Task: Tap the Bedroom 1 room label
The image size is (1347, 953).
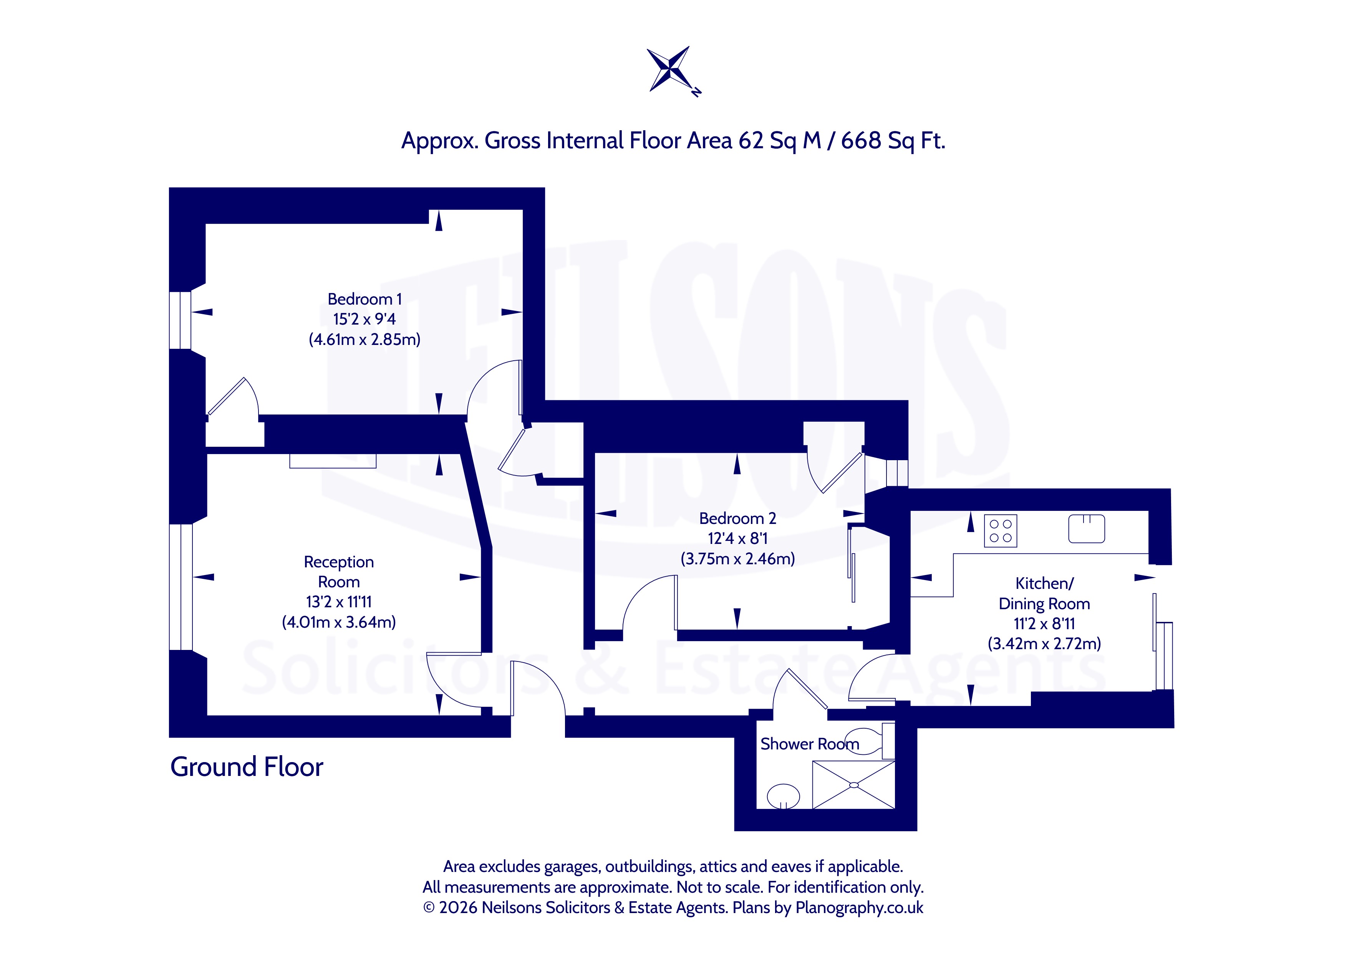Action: [x=365, y=299]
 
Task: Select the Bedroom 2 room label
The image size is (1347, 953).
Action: [x=737, y=519]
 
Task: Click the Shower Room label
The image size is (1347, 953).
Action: [x=810, y=744]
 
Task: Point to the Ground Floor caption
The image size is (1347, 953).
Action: [x=247, y=767]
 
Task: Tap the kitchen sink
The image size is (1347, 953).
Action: [x=1087, y=529]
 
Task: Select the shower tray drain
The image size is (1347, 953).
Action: [x=853, y=785]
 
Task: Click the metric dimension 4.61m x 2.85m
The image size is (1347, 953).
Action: [x=365, y=340]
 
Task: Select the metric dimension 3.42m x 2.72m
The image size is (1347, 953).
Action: [x=1044, y=644]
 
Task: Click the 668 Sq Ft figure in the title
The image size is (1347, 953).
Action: [x=893, y=141]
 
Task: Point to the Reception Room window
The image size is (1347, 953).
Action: [x=181, y=587]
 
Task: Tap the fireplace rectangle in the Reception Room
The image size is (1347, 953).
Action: [x=333, y=461]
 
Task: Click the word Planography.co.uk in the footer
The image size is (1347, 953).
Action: [x=859, y=908]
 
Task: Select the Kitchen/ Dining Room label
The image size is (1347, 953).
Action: [x=1044, y=594]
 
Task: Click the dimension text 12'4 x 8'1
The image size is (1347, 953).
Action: [x=737, y=539]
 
